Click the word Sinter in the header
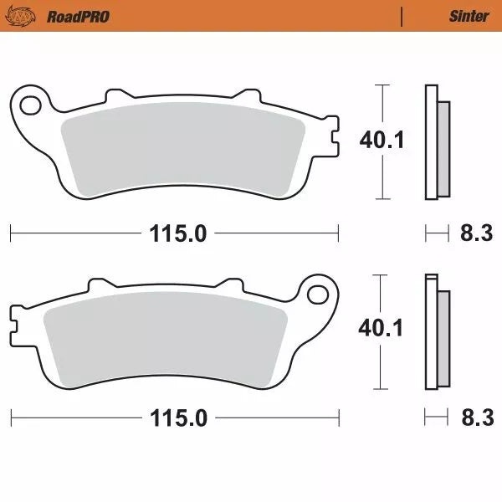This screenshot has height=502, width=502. pos(469,16)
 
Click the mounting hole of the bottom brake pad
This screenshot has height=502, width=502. pos(318,294)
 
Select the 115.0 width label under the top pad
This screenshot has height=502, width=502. pos(178,233)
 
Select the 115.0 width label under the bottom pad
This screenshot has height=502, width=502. pos(178,418)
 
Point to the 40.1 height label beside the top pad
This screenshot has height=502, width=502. pos(382,140)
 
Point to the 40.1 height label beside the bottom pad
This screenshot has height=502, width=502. pos(382,328)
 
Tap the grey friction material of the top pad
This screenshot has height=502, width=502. pos(184,151)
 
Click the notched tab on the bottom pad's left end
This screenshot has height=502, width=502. pos(16,320)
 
